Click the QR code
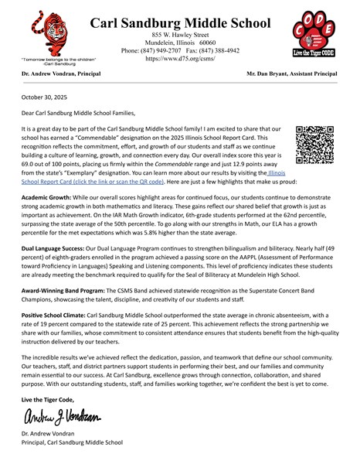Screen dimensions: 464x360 [x=314, y=145]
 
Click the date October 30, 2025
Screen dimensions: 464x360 [x=44, y=99]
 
